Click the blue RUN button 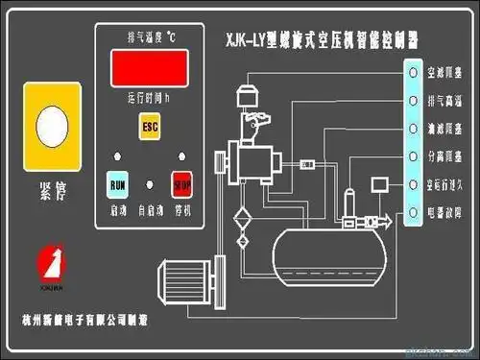tap(118, 182)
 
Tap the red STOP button tap(180, 182)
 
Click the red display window tap(149, 68)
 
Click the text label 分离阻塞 tap(443, 155)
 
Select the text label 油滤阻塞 tap(443, 127)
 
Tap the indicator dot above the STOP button tap(180, 155)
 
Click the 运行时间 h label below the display tap(148, 98)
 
